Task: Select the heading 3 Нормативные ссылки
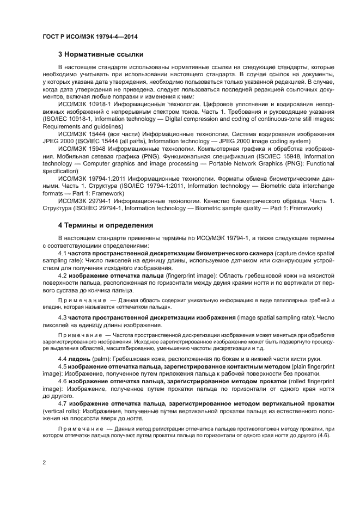(101, 54)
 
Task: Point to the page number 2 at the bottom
(45, 462)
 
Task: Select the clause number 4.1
(62, 253)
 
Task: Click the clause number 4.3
(62, 317)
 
